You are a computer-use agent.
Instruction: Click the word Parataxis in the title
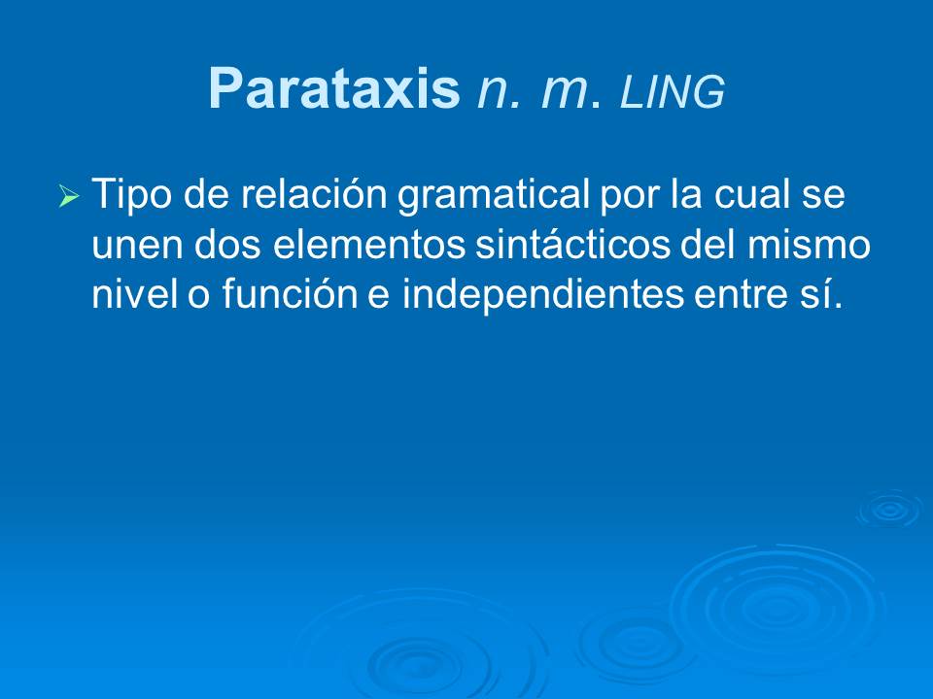[x=333, y=90]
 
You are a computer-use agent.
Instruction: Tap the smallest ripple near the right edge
[x=887, y=508]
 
